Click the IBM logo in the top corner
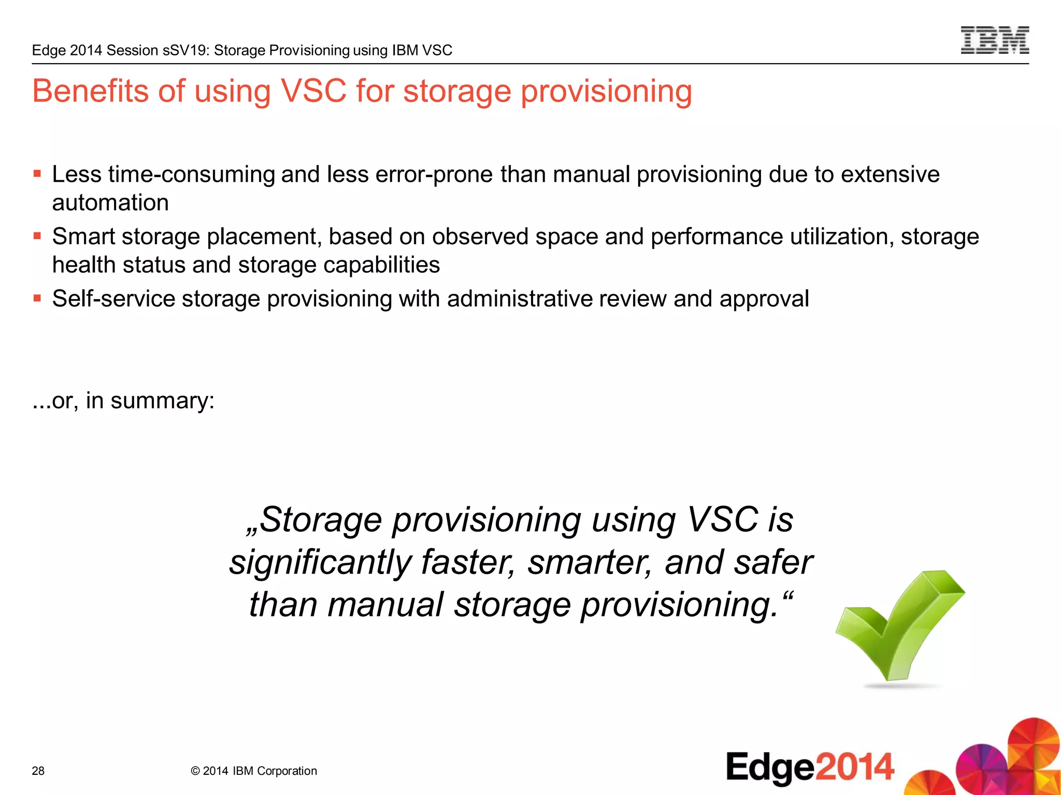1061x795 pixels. click(994, 40)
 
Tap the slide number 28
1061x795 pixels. click(38, 771)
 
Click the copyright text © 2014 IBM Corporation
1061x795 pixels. click(254, 771)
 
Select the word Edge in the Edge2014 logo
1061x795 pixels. click(770, 768)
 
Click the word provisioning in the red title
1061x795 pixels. click(606, 92)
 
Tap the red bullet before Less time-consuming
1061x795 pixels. click(37, 174)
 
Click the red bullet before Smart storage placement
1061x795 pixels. click(37, 236)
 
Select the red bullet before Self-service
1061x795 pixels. click(37, 298)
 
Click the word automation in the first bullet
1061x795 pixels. click(110, 202)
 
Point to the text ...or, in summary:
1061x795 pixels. click(123, 401)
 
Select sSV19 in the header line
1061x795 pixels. click(185, 50)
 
